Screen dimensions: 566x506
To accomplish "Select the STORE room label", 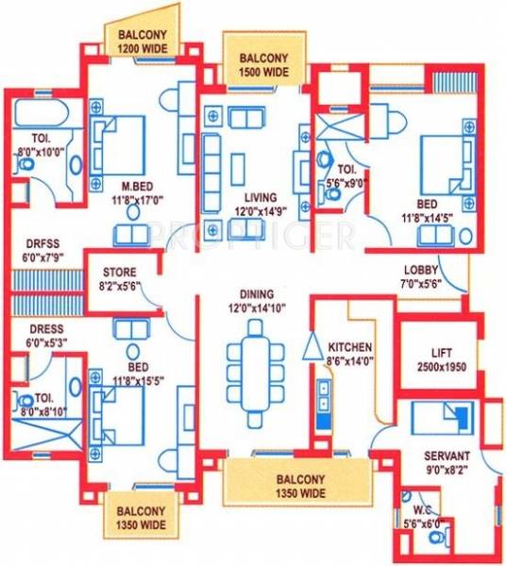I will coord(120,274).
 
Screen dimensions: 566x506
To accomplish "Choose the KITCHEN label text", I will coord(349,347).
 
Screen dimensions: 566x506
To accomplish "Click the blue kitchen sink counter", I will coord(323,406).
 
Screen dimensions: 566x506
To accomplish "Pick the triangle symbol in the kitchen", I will coord(312,347).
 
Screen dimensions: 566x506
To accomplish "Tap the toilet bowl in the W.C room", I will coord(436,538).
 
